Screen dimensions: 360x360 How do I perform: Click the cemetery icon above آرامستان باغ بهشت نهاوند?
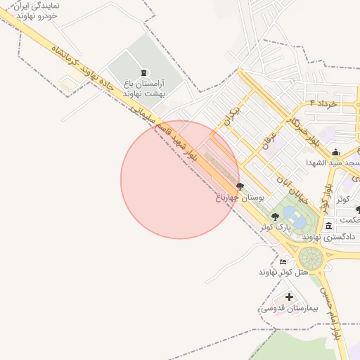[x=144, y=73]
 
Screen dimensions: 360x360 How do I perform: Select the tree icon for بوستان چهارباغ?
[x=240, y=187]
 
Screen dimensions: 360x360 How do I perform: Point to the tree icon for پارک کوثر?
[x=274, y=217]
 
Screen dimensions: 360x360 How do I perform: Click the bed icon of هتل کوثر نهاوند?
[x=283, y=262]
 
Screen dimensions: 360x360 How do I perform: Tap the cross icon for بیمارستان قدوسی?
[x=289, y=297]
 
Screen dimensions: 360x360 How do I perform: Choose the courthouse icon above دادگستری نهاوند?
[x=329, y=226]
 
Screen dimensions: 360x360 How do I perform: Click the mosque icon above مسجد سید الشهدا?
[x=336, y=152]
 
